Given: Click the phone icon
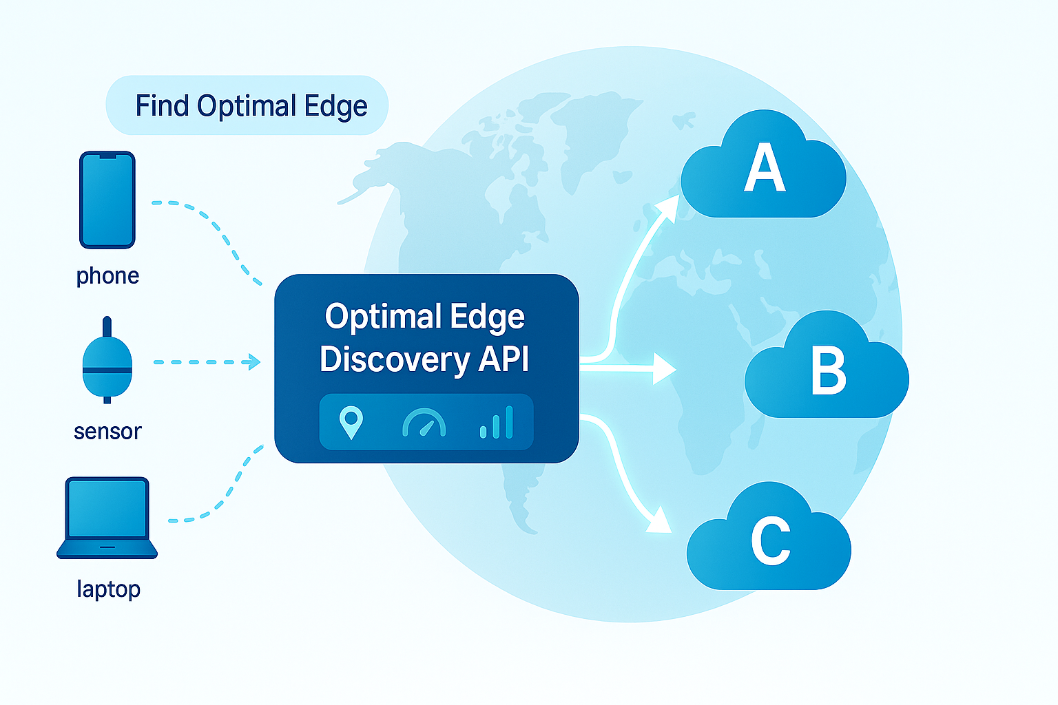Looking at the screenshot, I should tap(107, 200).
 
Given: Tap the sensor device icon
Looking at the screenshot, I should tap(107, 369).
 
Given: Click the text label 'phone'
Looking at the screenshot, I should tap(107, 276).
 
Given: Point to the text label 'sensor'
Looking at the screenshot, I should tap(107, 432).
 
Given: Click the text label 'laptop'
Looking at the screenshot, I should tap(108, 589).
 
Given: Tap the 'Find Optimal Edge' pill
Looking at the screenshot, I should tap(247, 106).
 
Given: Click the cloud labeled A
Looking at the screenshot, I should tap(763, 169).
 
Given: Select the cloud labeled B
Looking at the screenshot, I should tap(827, 370).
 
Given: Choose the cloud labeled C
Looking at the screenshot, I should tap(769, 541).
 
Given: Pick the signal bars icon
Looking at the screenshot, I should tap(497, 423).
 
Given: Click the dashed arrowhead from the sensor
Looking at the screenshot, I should tap(254, 362).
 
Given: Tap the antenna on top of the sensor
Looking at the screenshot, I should tap(107, 326).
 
